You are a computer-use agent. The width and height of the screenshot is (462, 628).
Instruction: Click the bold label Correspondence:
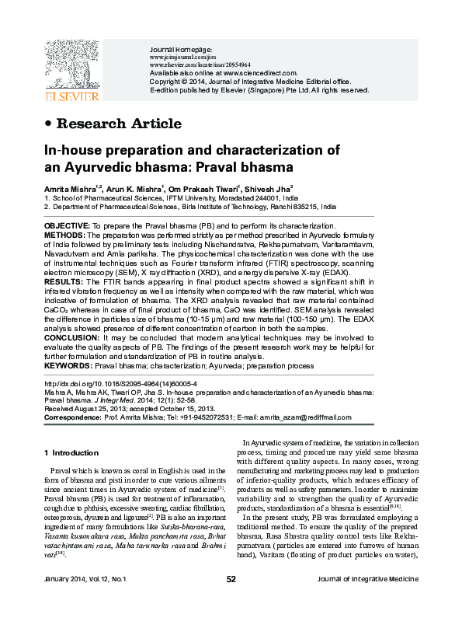tap(73, 417)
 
